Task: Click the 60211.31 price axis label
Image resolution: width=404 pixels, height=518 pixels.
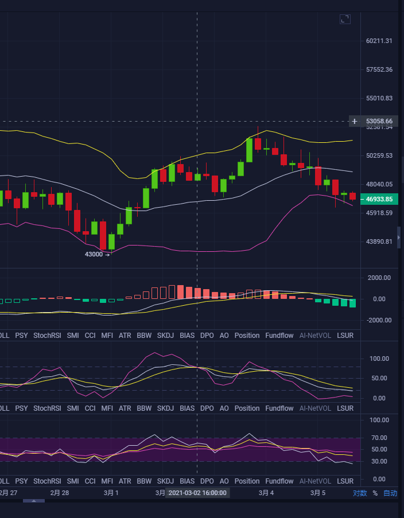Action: pos(379,41)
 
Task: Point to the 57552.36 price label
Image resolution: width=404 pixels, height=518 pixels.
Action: pos(379,69)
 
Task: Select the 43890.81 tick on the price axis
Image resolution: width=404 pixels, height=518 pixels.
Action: pos(379,242)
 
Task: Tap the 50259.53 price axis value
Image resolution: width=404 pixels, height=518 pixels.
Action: pos(379,155)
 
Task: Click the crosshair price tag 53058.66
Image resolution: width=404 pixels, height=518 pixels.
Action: pos(379,121)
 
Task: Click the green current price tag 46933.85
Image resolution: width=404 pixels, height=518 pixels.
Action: pos(379,199)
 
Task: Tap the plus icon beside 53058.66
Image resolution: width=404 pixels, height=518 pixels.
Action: pos(355,121)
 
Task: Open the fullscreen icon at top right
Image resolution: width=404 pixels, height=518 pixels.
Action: pos(345,20)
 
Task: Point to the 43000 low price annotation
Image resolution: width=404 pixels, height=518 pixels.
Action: pos(95,254)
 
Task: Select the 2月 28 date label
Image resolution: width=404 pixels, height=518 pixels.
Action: pos(60,493)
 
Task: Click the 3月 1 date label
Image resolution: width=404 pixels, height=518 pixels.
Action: pos(111,493)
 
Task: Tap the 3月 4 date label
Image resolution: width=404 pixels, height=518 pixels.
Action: pos(266,493)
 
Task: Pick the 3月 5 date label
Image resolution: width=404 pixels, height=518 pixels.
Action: pos(318,493)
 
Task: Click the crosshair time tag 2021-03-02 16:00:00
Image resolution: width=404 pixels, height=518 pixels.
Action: pos(197,493)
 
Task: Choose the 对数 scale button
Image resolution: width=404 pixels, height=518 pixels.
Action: pos(360,493)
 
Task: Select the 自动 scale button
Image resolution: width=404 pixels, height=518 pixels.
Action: pos(390,493)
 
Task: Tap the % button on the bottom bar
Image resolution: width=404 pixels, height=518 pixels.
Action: pos(375,493)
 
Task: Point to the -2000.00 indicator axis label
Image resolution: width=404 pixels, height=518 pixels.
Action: pos(378,320)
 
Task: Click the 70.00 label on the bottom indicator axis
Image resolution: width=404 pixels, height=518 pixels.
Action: pos(378,438)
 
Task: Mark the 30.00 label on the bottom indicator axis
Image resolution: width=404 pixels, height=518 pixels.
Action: pos(378,461)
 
